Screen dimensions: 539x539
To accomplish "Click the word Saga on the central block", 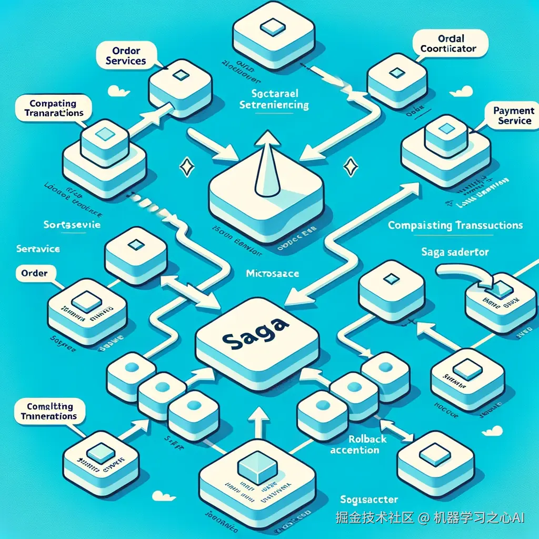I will tap(256, 336).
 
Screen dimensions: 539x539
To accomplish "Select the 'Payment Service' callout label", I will tap(514, 116).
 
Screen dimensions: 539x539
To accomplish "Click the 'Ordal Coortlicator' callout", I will tap(448, 44).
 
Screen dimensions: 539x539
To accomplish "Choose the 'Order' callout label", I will tap(34, 273).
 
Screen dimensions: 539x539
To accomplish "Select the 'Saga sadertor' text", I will tap(455, 252).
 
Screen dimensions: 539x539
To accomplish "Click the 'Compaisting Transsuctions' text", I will tap(455, 225).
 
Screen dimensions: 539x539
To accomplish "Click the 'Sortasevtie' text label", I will tap(72, 224).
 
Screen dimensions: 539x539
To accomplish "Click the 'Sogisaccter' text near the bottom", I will tap(368, 499).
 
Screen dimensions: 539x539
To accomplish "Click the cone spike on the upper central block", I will tap(266, 158).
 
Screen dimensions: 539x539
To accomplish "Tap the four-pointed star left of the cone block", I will tap(186, 167).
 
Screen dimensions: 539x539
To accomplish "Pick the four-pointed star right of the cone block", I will tap(349, 167).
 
